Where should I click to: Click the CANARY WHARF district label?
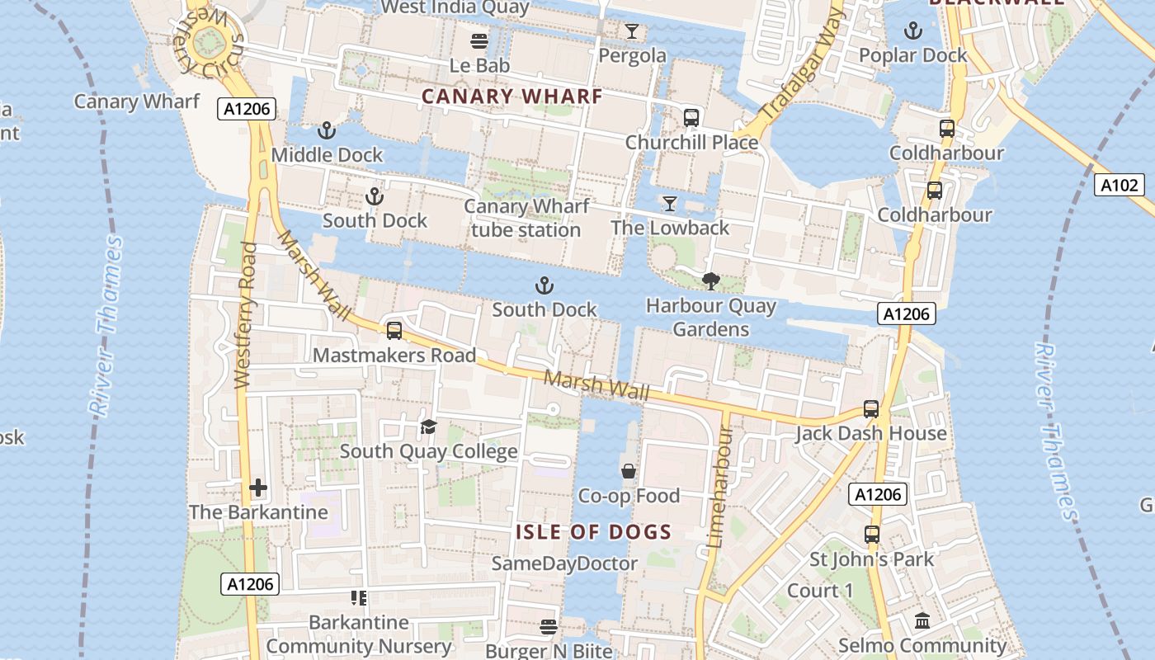(x=511, y=97)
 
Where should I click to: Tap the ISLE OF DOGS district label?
(x=594, y=532)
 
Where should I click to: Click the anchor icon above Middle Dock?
(x=327, y=130)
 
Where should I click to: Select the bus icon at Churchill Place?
(x=691, y=118)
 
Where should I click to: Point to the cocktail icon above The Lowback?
(x=670, y=203)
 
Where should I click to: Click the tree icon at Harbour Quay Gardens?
(x=710, y=281)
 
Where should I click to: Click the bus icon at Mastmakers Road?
(x=394, y=331)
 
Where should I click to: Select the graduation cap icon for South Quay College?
(x=428, y=427)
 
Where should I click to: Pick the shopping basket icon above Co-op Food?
(x=629, y=471)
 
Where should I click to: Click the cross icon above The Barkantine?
(x=258, y=488)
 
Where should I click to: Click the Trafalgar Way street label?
(x=803, y=64)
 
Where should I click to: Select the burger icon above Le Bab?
(x=479, y=40)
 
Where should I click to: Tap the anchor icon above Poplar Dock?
(x=912, y=31)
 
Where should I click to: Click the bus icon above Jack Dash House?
(x=871, y=409)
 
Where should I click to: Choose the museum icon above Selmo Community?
(x=922, y=620)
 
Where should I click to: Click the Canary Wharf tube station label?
(x=526, y=218)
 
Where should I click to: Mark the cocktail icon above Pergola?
(x=632, y=31)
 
